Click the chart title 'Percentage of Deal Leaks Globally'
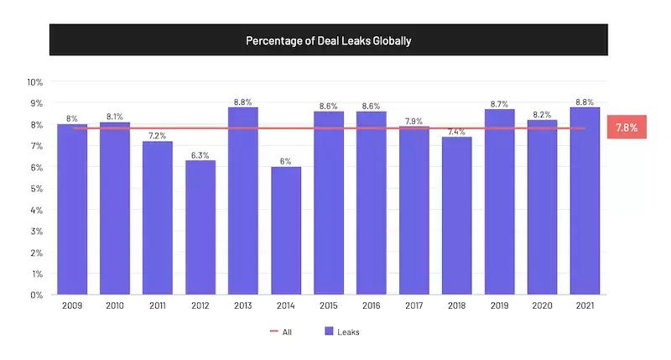point(328,40)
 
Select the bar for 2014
point(286,231)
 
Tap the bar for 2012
point(200,227)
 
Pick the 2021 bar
point(585,201)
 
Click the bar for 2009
point(72,210)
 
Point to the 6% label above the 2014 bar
point(286,161)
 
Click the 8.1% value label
point(115,117)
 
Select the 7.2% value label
point(158,135)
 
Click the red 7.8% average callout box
point(626,128)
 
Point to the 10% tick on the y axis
point(35,82)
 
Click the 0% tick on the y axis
point(38,295)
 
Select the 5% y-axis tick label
point(38,189)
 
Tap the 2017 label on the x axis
point(414,307)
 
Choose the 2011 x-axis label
point(158,307)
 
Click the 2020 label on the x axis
point(542,307)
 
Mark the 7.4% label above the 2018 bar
point(456,131)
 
